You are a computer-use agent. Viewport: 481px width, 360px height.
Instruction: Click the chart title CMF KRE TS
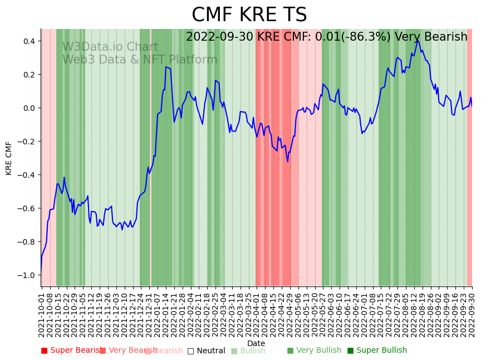tap(249, 15)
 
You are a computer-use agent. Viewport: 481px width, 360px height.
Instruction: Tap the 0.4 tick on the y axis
tap(29, 41)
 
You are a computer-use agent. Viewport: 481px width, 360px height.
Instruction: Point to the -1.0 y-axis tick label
tap(26, 275)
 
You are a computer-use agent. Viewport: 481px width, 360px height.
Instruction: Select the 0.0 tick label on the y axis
tap(29, 108)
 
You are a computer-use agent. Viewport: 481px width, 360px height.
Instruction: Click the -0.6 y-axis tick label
tap(26, 208)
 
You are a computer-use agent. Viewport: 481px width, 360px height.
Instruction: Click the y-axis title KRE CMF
tap(9, 158)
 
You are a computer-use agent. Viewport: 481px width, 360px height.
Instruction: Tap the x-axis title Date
tap(256, 343)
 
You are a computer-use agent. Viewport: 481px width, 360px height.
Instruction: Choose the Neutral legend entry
tap(206, 351)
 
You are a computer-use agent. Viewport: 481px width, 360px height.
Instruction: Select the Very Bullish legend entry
tap(314, 351)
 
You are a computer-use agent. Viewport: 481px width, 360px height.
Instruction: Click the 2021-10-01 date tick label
tap(41, 312)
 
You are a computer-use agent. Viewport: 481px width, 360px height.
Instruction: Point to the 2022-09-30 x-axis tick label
tap(472, 312)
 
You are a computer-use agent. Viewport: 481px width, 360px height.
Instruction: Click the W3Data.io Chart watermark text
tap(110, 47)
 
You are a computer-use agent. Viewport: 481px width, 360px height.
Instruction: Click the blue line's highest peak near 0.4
tap(418, 40)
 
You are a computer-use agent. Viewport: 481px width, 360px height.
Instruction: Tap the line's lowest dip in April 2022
tap(288, 162)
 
